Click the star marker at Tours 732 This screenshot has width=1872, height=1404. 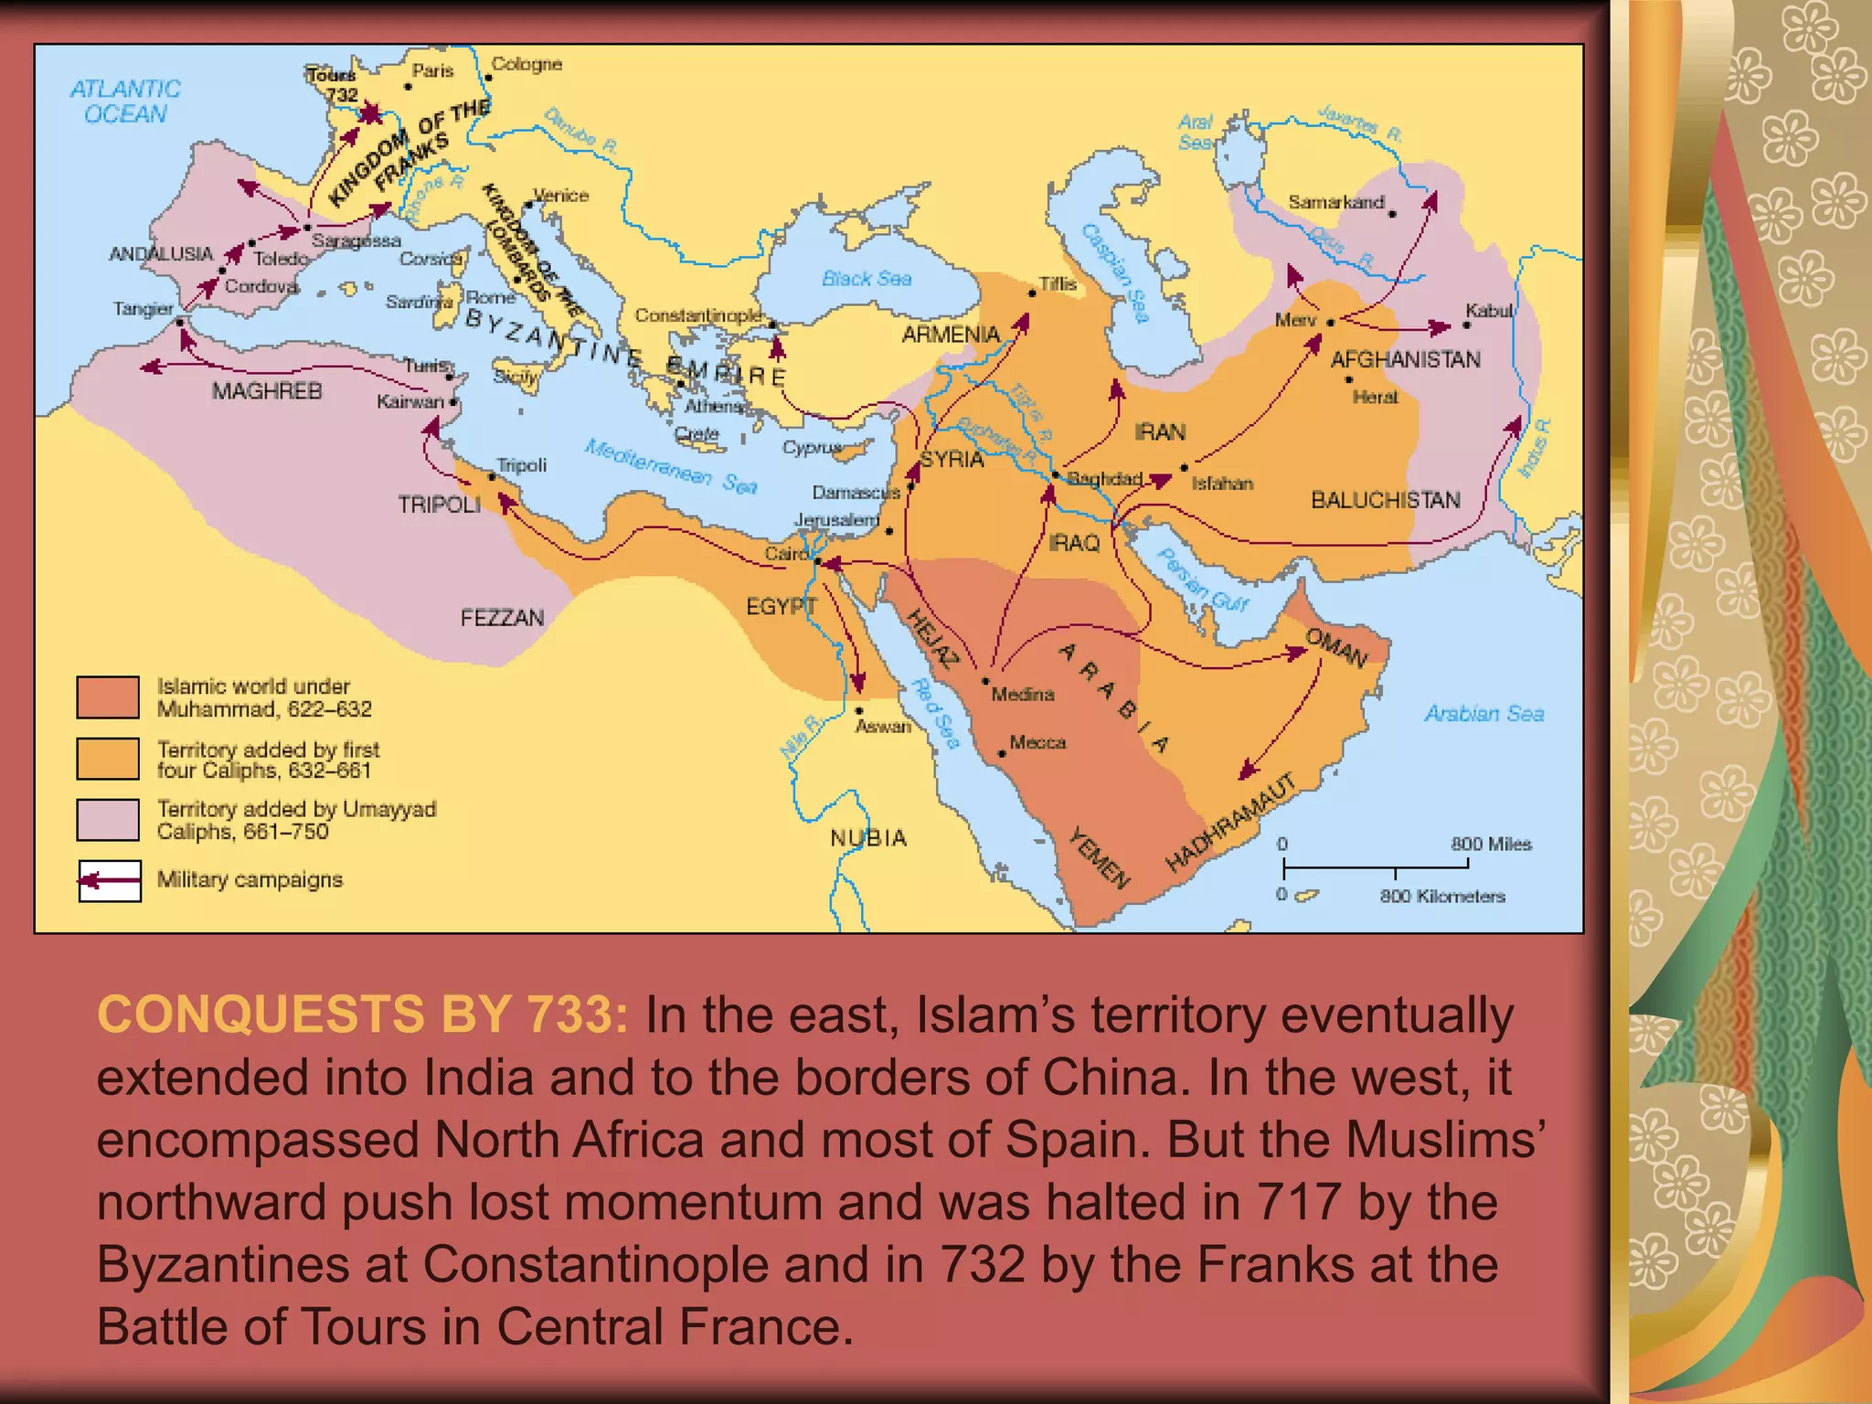[370, 113]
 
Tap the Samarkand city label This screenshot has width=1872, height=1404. [1335, 202]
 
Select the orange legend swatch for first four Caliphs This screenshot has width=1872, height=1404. [108, 759]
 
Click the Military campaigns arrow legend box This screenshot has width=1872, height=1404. [110, 881]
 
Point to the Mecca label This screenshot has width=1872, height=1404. [1037, 742]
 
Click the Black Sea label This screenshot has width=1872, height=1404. [866, 278]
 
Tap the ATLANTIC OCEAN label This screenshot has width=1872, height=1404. [125, 101]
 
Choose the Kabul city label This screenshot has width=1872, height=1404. [1489, 311]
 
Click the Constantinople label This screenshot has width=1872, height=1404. [698, 315]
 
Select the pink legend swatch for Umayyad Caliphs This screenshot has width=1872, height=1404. [108, 820]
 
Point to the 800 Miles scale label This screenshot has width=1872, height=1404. [1491, 844]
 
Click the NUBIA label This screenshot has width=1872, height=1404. [868, 837]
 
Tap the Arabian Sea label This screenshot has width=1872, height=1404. [1484, 713]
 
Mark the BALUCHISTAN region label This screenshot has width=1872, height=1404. [1385, 500]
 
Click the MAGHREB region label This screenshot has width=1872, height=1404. [267, 391]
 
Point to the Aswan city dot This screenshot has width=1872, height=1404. [859, 710]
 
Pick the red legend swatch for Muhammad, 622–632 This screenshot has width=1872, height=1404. [108, 697]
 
